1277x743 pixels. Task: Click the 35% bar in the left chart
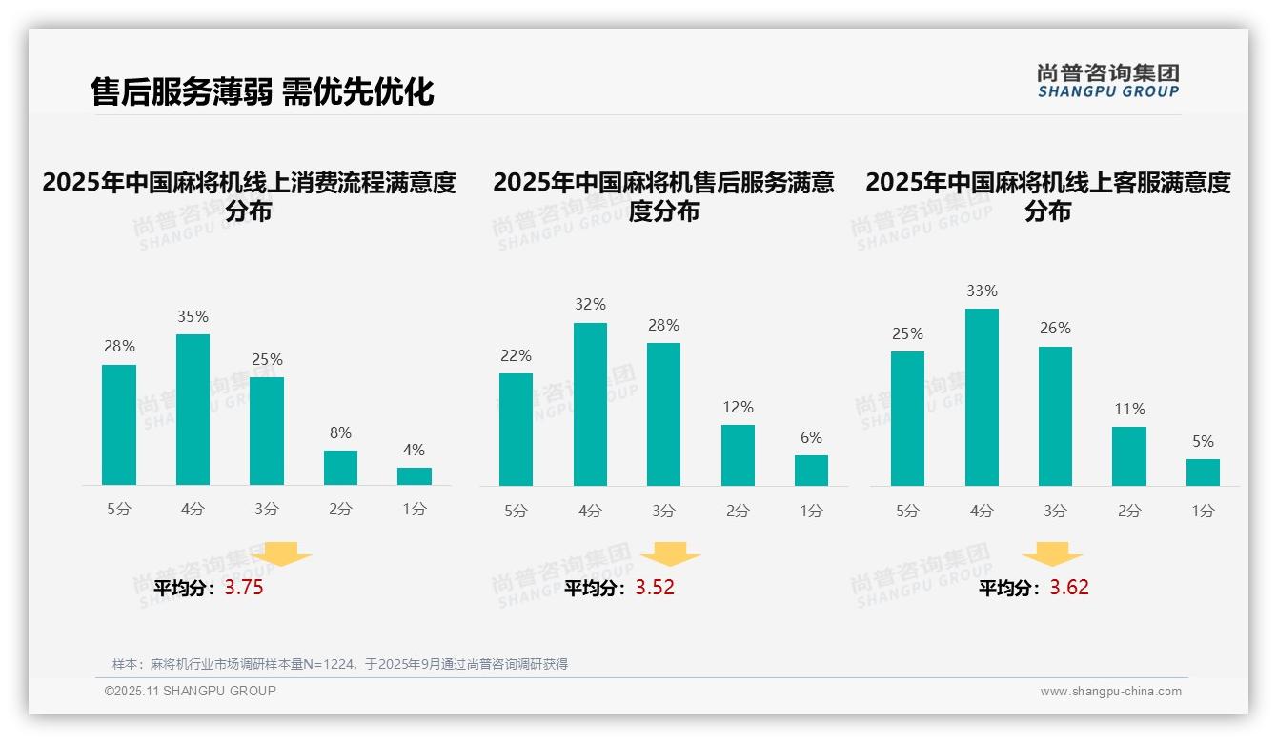pos(193,410)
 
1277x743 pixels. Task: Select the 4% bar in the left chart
pos(415,476)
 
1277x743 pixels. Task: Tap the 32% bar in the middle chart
pos(590,405)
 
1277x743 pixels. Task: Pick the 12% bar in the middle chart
pos(738,455)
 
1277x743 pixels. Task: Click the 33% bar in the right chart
pos(982,397)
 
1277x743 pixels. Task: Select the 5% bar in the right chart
pos(1203,472)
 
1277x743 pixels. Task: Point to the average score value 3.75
pos(244,588)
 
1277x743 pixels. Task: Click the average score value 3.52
pos(655,588)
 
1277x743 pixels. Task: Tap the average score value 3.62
pos(1069,588)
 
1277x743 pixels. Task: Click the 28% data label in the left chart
pos(119,347)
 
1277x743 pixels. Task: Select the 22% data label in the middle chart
pos(516,356)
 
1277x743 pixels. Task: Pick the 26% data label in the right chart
pos(1055,329)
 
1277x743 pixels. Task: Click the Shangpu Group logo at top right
pos(1107,81)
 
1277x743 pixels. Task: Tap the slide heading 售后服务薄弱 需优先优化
pos(262,91)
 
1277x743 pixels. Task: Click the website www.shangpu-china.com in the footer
pos(1110,692)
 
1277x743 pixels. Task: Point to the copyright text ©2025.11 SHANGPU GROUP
pos(191,691)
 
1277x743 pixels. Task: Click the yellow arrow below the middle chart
pos(670,554)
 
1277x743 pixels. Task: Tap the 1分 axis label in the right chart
pos(1203,512)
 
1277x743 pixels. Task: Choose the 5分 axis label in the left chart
pos(119,510)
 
